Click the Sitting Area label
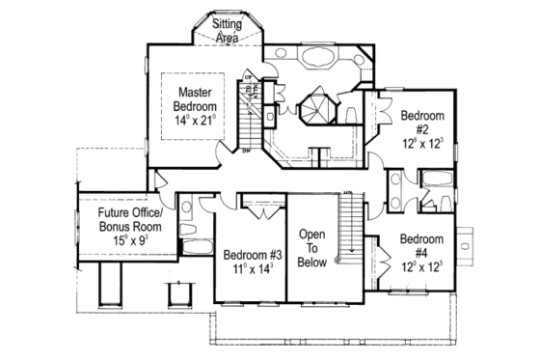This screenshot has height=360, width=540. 228,28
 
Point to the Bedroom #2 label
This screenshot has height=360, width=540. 422,122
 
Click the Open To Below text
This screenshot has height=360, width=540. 314,247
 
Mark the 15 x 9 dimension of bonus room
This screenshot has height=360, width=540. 123,238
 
